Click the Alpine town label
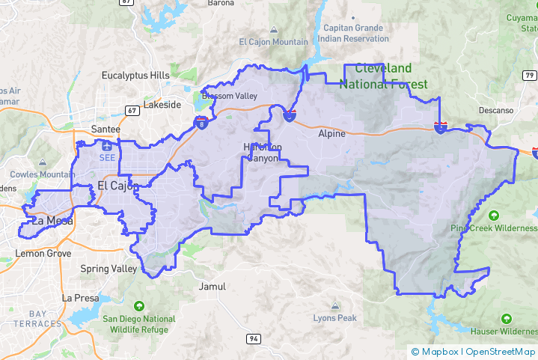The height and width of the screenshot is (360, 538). click(x=331, y=134)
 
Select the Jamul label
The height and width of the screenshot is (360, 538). click(x=212, y=287)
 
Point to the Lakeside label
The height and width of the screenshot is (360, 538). click(x=162, y=105)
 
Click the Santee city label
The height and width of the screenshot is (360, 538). click(x=105, y=129)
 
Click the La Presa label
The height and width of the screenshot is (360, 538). click(x=80, y=298)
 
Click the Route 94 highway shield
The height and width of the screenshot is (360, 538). click(x=254, y=339)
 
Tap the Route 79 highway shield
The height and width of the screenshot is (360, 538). click(x=530, y=76)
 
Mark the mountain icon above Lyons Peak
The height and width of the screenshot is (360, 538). click(x=334, y=305)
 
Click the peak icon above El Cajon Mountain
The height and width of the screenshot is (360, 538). click(x=273, y=29)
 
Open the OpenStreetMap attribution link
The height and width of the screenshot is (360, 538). click(x=501, y=352)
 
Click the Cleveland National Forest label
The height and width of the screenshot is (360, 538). click(x=383, y=76)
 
